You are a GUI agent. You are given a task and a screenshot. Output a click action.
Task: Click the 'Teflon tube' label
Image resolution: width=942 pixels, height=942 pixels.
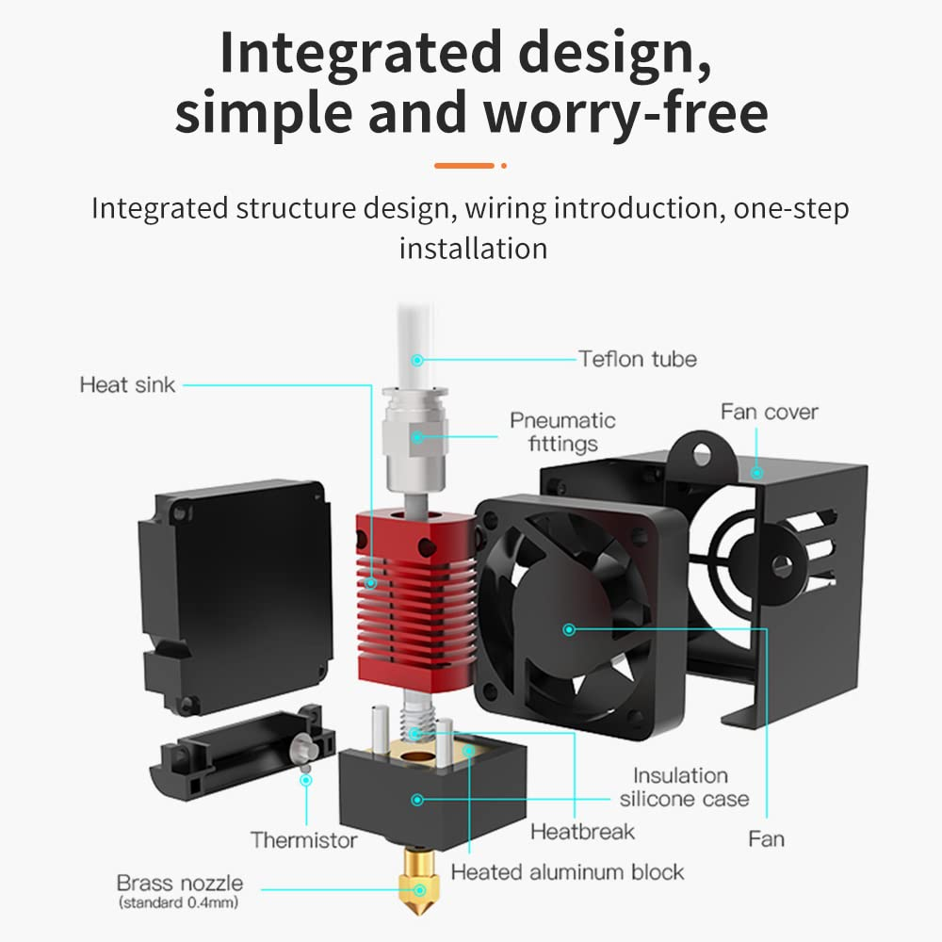638,358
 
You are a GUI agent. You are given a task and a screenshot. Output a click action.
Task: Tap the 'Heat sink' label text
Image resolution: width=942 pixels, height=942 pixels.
127,384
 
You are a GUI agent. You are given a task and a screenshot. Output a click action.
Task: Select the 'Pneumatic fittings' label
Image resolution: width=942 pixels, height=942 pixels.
562,431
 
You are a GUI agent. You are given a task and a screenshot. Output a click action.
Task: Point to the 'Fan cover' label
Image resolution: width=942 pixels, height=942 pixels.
769,412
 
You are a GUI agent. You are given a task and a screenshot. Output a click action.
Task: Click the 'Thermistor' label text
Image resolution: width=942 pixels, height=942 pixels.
303,839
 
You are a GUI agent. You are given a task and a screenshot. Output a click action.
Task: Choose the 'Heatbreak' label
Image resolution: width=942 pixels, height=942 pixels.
582,831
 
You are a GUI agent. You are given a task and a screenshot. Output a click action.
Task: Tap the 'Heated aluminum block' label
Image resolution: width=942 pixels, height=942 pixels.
567,871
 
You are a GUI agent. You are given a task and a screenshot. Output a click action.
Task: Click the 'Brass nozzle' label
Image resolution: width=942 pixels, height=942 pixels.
179,884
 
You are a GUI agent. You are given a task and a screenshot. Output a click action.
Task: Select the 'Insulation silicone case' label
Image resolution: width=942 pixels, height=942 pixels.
684,788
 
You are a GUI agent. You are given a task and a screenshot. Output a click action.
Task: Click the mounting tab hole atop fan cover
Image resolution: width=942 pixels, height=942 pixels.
701,454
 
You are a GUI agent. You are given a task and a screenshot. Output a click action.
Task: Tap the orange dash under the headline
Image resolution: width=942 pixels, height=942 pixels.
465,166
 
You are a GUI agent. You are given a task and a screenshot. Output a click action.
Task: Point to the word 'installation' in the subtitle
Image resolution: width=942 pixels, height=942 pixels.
473,249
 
